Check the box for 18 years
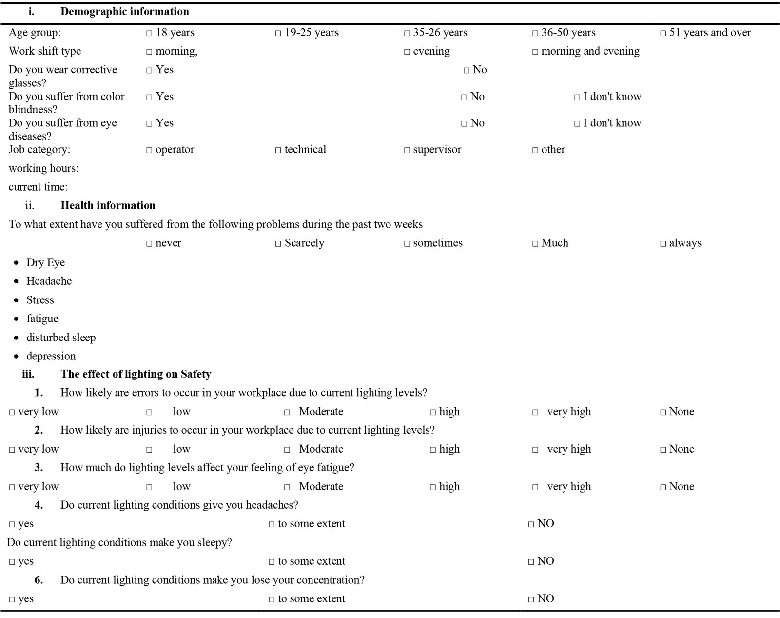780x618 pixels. [x=149, y=34]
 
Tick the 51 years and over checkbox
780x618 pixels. [x=663, y=34]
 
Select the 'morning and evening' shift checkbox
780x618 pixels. [x=535, y=52]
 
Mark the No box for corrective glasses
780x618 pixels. [x=467, y=71]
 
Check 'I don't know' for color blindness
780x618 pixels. [x=577, y=98]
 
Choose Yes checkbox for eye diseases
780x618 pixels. [x=149, y=124]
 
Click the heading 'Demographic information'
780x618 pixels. [x=124, y=12]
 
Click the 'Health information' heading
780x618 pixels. [x=108, y=205]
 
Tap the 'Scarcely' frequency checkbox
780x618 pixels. [x=278, y=244]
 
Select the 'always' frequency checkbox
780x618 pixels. [x=663, y=244]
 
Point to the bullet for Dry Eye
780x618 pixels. [x=17, y=263]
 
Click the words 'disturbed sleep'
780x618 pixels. [x=61, y=338]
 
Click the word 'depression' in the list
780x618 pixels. [x=51, y=356]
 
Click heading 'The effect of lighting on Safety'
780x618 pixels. [x=136, y=374]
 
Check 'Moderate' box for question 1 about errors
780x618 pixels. [x=288, y=413]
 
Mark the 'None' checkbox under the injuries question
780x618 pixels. [x=663, y=450]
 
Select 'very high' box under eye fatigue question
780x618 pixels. [x=535, y=488]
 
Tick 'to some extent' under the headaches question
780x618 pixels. [x=272, y=525]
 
